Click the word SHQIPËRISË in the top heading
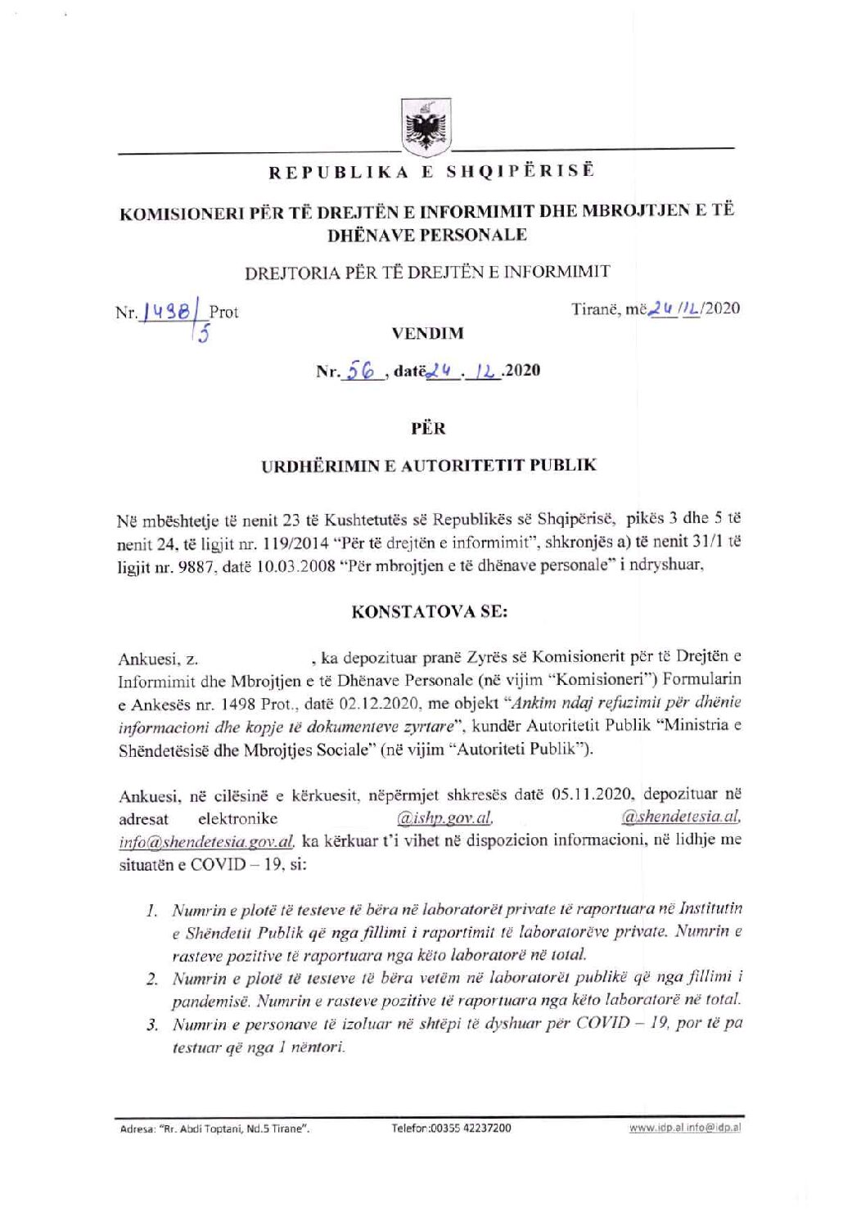point(520,171)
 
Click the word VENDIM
point(427,334)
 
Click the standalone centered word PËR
point(428,427)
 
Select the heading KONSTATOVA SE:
point(429,611)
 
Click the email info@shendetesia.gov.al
point(205,841)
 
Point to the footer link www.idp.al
point(652,1128)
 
